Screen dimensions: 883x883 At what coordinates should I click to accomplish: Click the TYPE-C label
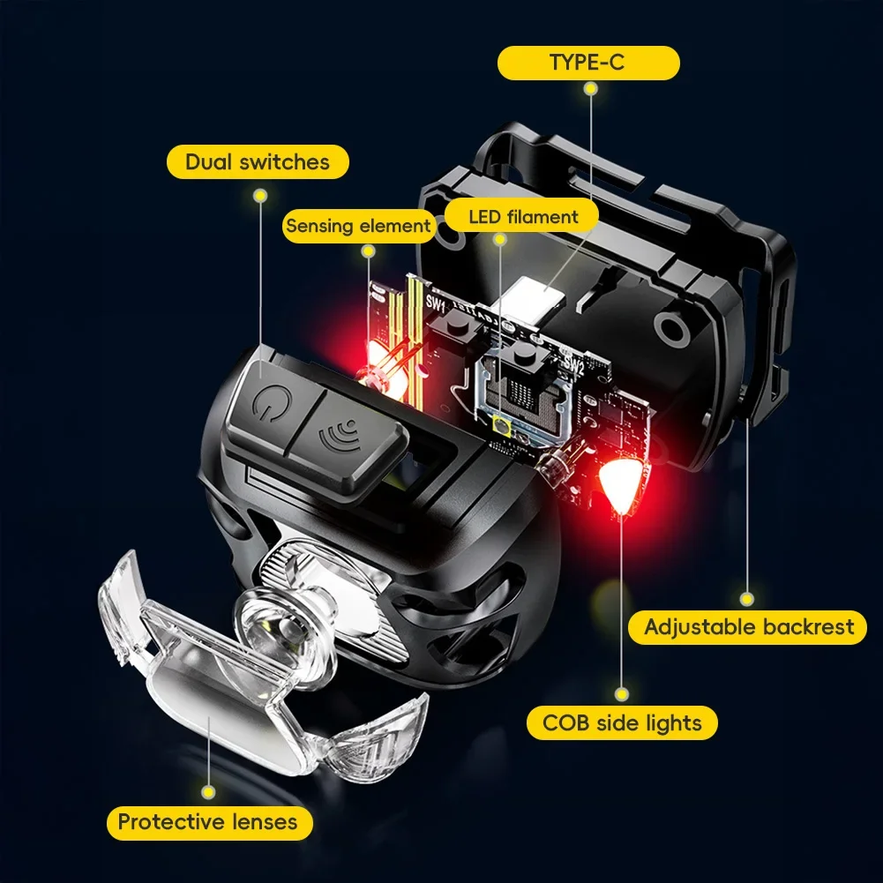tap(588, 64)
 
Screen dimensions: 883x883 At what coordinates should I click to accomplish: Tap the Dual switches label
tap(258, 161)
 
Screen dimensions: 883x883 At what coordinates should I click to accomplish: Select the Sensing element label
tap(358, 226)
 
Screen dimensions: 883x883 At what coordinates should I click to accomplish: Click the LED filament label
tap(523, 216)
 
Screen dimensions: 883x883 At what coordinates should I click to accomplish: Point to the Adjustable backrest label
tap(748, 627)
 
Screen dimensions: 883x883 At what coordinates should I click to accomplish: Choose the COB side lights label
tap(622, 723)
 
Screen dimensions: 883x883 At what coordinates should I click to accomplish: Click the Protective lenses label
tap(207, 822)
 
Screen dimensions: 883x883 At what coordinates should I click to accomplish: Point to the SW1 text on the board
tap(436, 303)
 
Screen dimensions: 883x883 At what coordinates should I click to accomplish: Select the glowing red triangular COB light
tap(619, 482)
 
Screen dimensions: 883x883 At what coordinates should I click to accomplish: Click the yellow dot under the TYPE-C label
tap(589, 90)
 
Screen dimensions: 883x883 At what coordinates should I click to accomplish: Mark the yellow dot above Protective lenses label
tap(208, 792)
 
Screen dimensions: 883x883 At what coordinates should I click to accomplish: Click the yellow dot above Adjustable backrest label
tap(748, 599)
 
